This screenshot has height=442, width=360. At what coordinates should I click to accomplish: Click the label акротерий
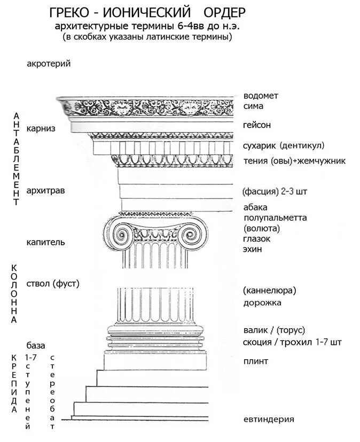pos(49,64)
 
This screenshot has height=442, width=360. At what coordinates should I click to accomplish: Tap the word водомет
pos(261,96)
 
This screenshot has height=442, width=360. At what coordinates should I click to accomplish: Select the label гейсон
pos(257,125)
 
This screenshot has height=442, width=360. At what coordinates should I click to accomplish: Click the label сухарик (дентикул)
pos(284,145)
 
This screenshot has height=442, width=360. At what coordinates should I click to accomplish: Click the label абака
pos(255,207)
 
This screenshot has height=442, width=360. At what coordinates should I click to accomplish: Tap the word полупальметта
pos(275,218)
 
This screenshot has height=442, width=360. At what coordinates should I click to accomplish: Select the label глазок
pos(256,238)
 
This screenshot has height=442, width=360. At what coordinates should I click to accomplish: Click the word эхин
pos(253,249)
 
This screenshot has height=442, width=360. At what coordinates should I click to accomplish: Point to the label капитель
pos(46,242)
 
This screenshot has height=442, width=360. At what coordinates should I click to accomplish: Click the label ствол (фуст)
pos(53,284)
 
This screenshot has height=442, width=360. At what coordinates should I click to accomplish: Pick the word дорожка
pos(262,303)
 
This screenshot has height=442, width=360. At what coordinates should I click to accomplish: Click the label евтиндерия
pos(269,419)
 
